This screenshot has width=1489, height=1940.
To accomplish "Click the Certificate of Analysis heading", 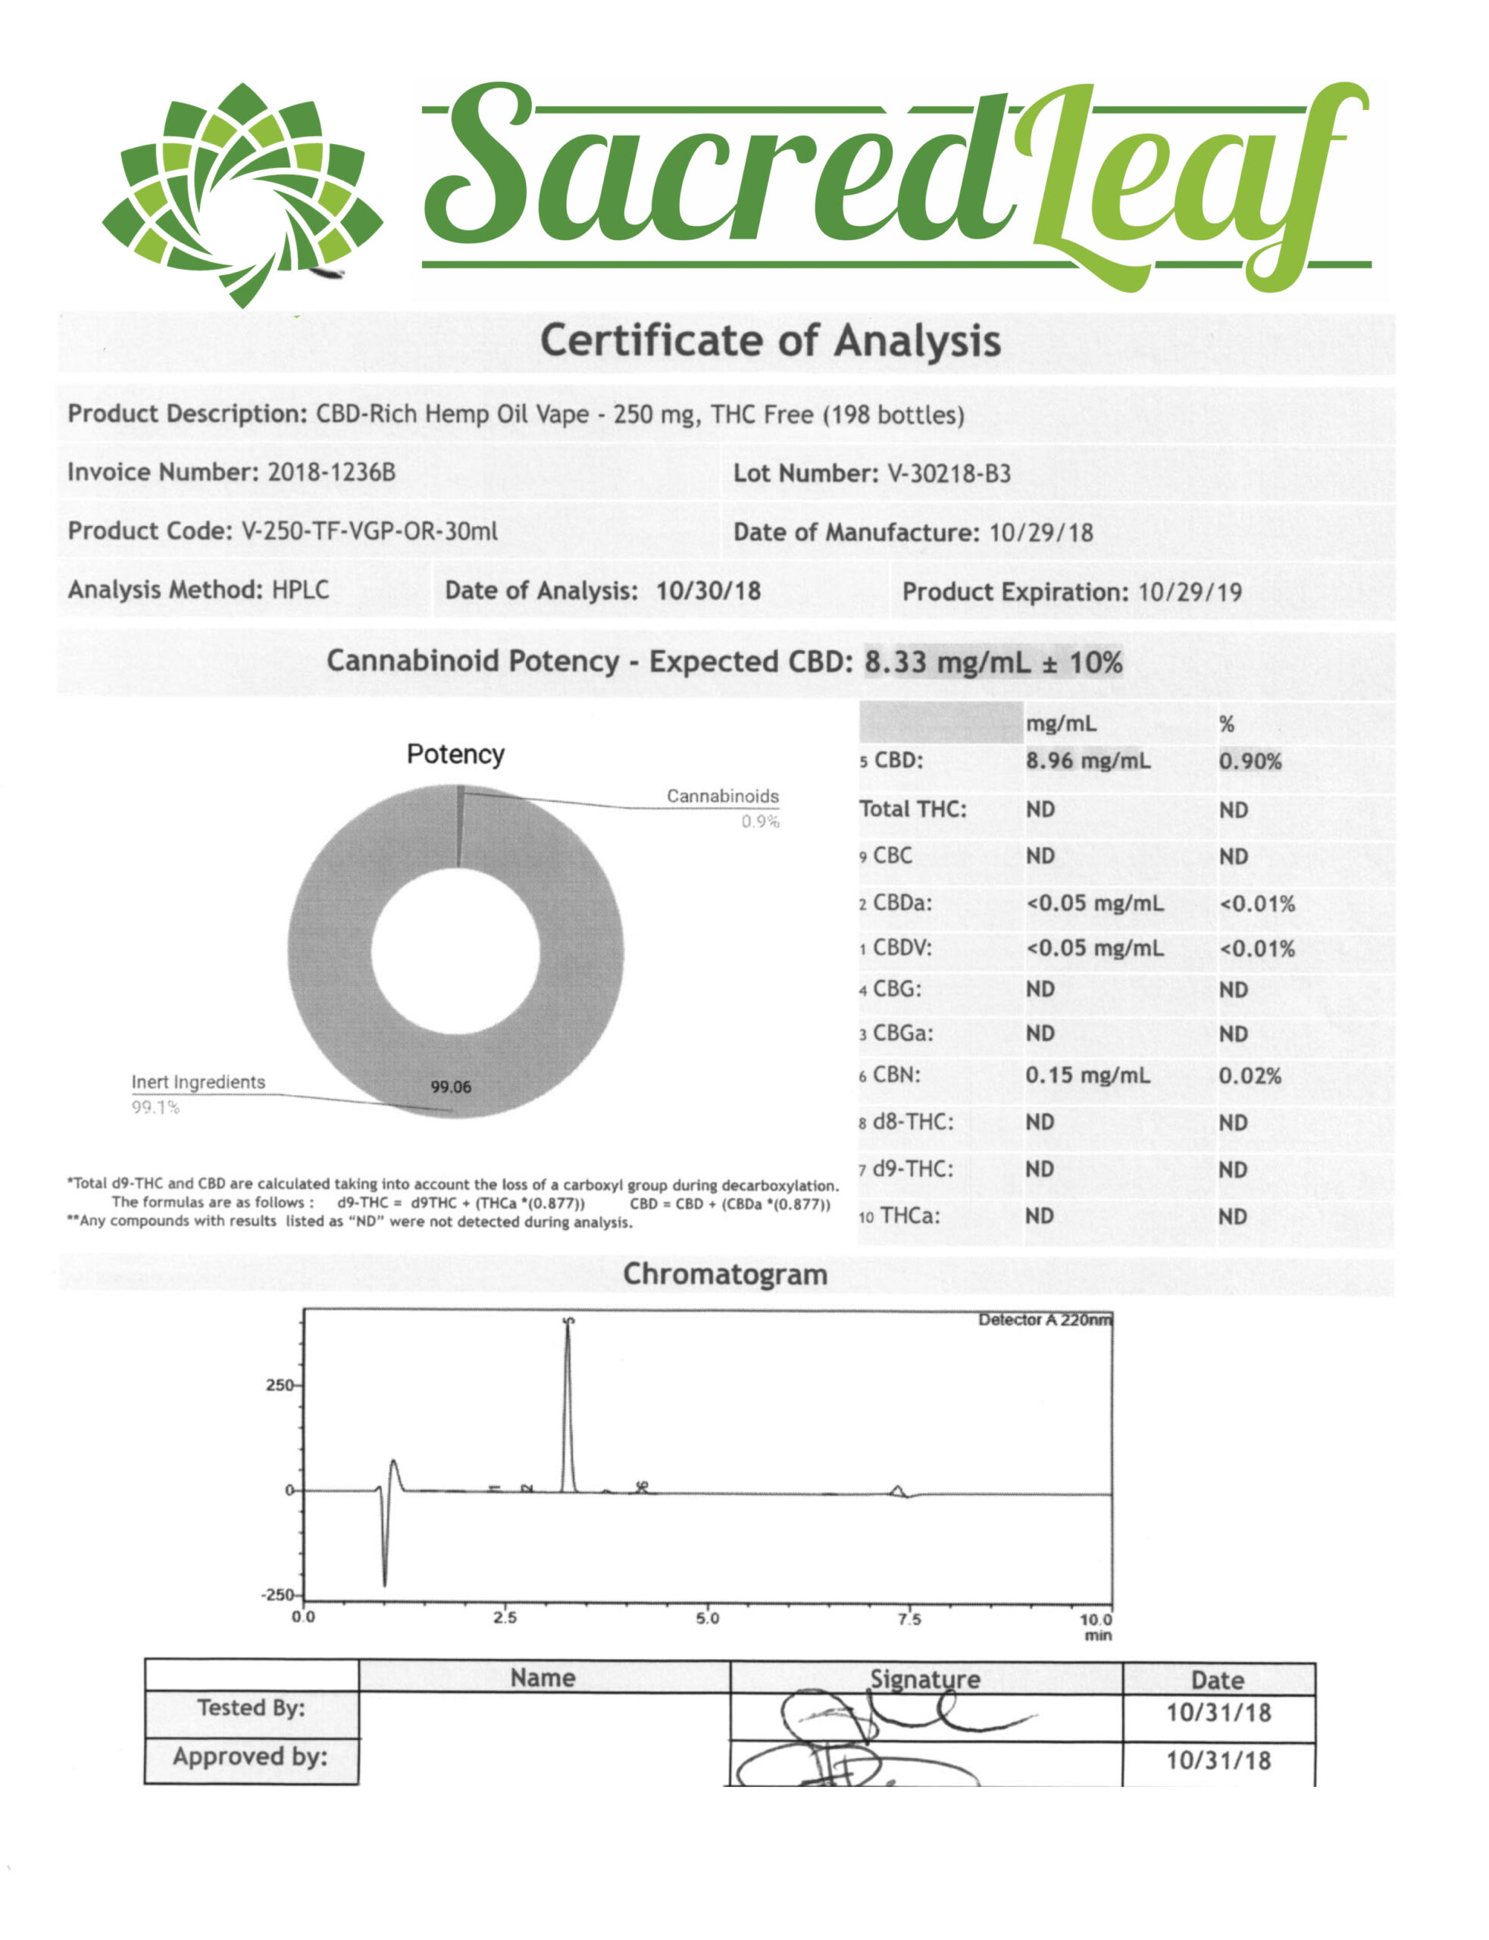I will (x=770, y=341).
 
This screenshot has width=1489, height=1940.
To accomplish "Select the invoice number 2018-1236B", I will (x=331, y=471).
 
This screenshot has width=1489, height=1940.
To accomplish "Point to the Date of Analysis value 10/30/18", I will (x=709, y=591).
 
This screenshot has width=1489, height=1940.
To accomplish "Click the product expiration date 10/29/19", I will (x=1190, y=592).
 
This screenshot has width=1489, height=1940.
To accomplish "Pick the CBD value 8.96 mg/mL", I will (x=1088, y=760).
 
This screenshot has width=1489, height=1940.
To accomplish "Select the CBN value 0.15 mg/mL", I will (x=1087, y=1075).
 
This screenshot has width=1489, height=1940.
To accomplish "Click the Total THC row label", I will (x=913, y=809).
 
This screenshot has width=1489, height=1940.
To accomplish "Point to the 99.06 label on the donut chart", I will (x=451, y=1087).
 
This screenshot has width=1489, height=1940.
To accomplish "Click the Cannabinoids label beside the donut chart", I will (x=722, y=796).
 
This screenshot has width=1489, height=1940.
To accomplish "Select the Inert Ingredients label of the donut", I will (x=199, y=1082).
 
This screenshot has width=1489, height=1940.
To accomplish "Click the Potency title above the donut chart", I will (x=455, y=754).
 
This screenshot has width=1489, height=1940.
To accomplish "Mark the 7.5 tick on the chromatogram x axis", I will (x=909, y=1619).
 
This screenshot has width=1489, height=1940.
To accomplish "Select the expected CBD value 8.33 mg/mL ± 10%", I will (x=993, y=662).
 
